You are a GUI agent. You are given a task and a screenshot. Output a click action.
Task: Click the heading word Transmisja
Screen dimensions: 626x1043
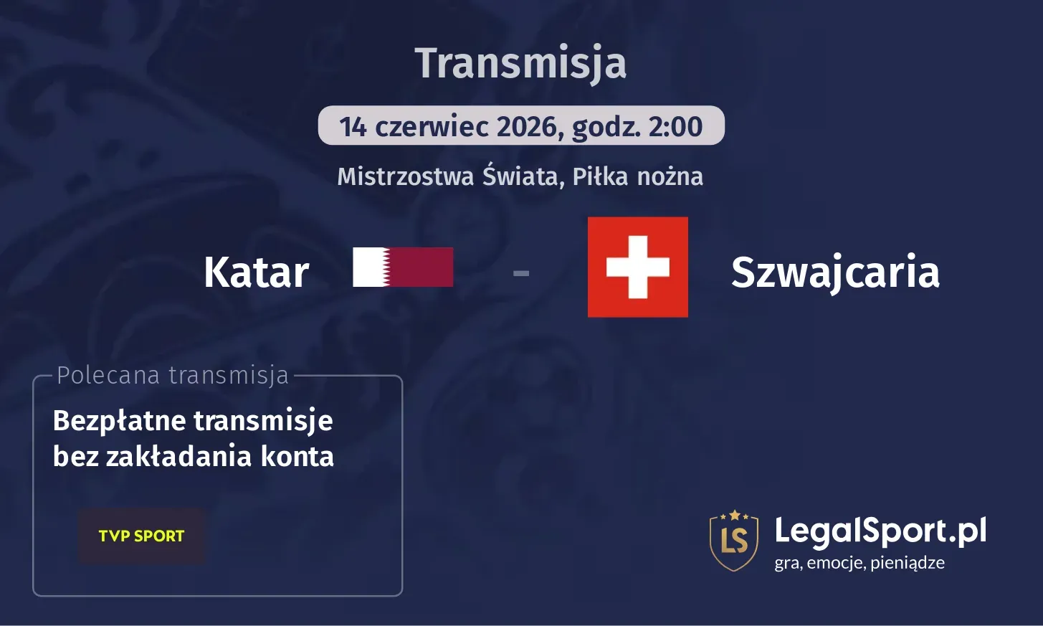pos(520,63)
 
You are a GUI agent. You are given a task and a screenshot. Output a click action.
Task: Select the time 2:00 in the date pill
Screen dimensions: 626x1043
pos(675,127)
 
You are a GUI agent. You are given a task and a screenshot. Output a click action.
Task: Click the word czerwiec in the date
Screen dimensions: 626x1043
pos(432,127)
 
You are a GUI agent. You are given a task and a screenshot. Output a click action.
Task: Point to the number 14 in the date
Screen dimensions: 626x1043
pos(353,127)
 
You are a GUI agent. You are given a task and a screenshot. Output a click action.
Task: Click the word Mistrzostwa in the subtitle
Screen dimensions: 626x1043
pos(406,176)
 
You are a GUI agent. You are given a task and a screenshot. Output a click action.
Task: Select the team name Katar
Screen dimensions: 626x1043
pos(256,272)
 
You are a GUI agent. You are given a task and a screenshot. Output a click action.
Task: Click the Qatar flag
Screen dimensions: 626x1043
pos(403,267)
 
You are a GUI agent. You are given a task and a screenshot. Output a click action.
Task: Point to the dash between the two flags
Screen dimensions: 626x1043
pos(521,272)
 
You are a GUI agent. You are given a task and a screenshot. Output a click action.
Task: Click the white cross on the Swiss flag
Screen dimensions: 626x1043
pos(637,267)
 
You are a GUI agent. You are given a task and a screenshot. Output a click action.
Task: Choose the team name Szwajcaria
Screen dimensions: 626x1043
pos(835,272)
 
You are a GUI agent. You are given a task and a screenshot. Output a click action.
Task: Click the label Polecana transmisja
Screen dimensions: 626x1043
pos(173,375)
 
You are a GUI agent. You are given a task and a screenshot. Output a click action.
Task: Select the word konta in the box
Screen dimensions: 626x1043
pos(297,457)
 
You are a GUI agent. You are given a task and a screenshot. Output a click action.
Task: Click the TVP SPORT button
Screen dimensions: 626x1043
pos(141,536)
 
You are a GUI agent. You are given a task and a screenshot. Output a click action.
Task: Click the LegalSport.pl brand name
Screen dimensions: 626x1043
pos(880,531)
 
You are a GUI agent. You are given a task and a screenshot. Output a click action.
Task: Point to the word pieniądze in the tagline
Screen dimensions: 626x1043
pos(908,563)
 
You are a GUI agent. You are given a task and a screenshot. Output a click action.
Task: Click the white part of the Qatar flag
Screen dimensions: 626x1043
pos(368,267)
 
